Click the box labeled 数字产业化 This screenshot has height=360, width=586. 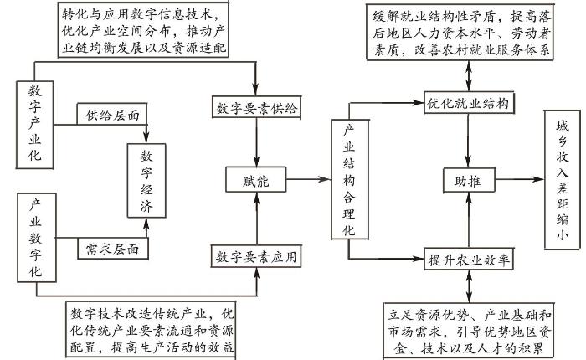click(x=36, y=121)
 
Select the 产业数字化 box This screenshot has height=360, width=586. click(x=36, y=238)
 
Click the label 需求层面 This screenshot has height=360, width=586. click(x=111, y=249)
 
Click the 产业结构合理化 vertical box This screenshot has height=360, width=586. click(x=348, y=180)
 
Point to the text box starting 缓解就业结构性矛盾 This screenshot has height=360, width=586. click(x=458, y=33)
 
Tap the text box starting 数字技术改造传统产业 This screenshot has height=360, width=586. click(x=150, y=330)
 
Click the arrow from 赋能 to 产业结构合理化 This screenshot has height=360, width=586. click(x=307, y=178)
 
